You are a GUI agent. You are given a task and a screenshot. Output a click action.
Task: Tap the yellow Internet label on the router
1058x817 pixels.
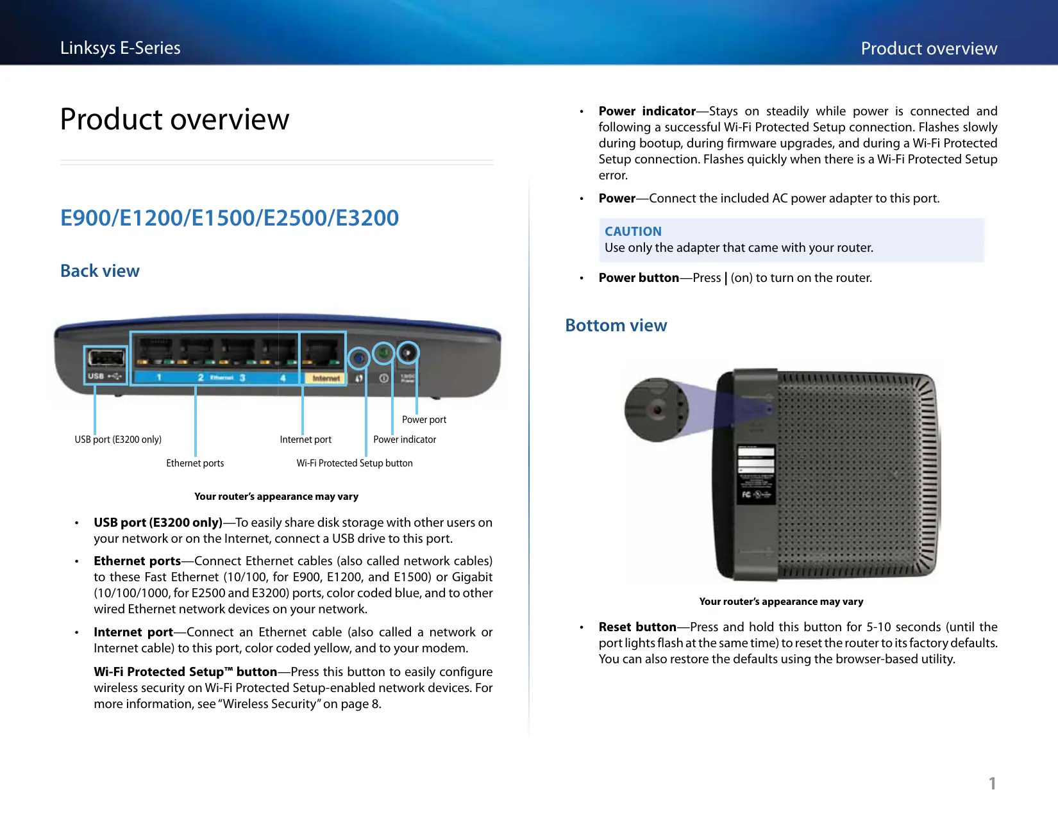pos(326,379)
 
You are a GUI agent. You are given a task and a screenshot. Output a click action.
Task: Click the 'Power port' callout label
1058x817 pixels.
pos(424,420)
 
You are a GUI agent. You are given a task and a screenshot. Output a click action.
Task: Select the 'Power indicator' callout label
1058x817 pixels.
pos(405,440)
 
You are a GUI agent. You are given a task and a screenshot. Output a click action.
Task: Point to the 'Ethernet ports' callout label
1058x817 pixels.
pos(195,463)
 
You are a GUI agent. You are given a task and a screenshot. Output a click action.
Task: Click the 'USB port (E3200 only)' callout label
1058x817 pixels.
pos(118,440)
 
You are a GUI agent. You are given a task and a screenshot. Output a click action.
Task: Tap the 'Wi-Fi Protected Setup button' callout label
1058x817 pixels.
pos(355,463)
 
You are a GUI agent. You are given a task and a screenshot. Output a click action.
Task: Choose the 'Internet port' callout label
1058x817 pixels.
pos(306,440)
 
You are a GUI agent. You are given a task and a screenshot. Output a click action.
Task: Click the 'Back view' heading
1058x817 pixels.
pos(100,271)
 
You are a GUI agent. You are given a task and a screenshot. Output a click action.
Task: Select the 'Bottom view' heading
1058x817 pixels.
pos(616,326)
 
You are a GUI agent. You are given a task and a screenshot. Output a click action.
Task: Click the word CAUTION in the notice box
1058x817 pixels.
pos(633,231)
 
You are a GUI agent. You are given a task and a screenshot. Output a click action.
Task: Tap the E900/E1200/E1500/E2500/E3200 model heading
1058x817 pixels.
pos(230,218)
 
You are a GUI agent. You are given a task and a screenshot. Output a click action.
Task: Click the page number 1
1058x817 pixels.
pos(992,783)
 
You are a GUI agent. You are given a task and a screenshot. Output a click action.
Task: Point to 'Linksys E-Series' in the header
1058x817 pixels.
pos(121,48)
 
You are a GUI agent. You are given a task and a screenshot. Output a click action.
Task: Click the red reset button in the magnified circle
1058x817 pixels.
pos(657,409)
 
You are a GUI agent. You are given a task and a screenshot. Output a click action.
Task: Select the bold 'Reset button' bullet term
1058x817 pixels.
pos(637,627)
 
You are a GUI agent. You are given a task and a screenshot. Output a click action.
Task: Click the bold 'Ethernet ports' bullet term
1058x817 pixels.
pos(137,561)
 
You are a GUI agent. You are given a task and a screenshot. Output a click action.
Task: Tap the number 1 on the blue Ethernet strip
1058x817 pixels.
pos(159,377)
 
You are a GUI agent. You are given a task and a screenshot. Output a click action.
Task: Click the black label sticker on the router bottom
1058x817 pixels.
pos(756,474)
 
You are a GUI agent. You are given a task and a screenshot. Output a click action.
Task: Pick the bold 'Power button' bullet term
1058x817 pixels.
pos(639,277)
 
